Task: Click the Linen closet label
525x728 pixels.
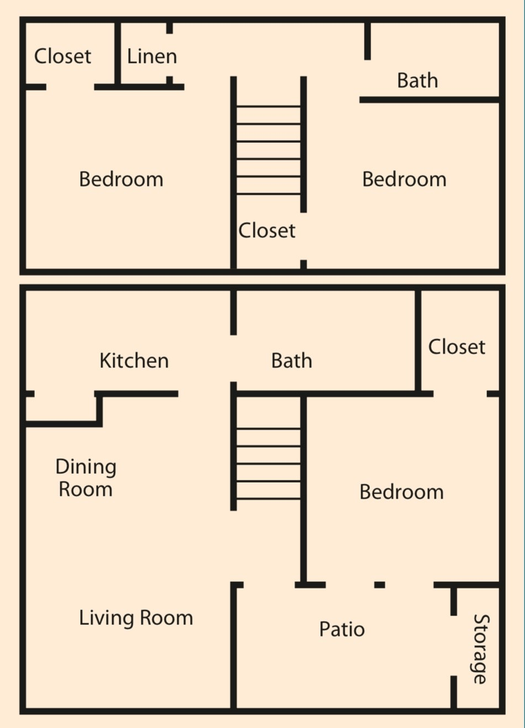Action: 152,56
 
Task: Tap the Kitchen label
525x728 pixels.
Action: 134,361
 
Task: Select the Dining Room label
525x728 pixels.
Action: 86,478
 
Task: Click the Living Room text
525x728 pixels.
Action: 136,618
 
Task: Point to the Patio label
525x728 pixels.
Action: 342,629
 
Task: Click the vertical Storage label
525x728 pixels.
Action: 480,649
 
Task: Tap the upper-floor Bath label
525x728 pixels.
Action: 417,81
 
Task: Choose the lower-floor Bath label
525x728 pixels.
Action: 291,361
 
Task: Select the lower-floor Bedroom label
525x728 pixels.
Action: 401,492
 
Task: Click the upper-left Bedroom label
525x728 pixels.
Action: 121,179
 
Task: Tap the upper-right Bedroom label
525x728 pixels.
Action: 404,179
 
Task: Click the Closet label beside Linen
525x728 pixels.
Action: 62,56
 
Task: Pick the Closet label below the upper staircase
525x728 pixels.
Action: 267,231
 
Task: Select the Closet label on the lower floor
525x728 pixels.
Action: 457,347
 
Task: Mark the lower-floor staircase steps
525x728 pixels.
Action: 269,463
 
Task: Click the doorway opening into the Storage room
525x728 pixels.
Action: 454,645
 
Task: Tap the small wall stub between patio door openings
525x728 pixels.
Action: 379,585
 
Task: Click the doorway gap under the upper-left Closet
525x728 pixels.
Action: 70,87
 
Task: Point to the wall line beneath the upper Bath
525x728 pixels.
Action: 429,100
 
